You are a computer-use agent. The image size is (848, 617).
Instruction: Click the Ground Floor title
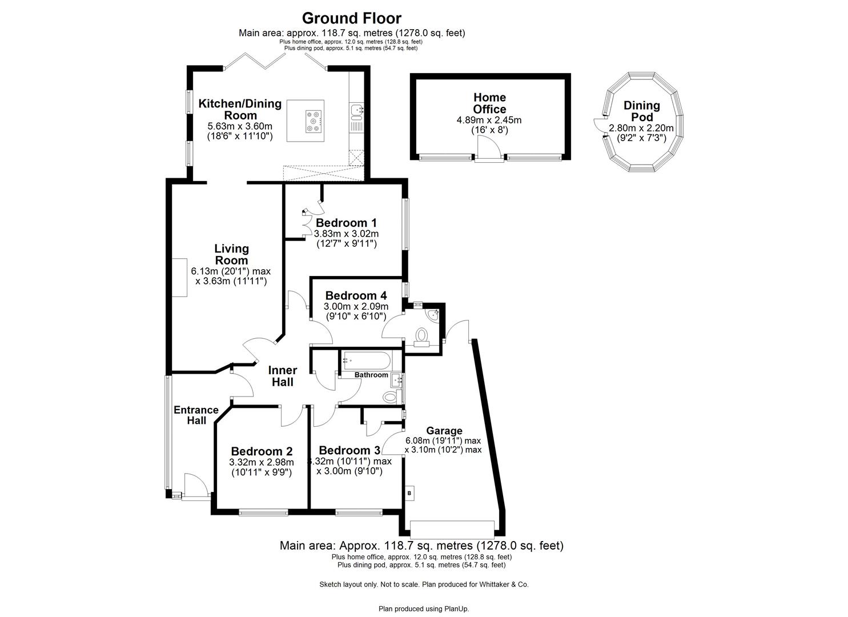coord(351,19)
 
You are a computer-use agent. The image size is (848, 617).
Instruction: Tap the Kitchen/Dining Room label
coord(240,110)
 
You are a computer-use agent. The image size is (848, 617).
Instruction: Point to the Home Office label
coord(489,103)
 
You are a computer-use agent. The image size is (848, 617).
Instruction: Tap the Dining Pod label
coord(641,111)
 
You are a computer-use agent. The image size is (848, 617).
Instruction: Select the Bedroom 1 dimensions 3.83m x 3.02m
coord(347,234)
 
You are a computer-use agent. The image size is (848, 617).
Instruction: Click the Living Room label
coord(231,254)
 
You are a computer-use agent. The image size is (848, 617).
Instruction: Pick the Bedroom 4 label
coord(356,296)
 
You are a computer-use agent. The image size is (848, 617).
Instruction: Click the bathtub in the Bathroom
coord(366,360)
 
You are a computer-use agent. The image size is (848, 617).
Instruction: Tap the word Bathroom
coord(371,375)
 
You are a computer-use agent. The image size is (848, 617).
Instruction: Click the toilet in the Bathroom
coord(391,396)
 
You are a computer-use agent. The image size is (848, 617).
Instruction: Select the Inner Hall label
coord(282,376)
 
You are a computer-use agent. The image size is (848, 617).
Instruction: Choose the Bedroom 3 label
coord(349,450)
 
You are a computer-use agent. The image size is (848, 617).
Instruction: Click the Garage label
coord(444,431)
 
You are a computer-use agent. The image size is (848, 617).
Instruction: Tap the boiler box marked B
coord(409,492)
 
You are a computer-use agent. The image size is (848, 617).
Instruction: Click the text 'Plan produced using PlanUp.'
coord(423,609)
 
